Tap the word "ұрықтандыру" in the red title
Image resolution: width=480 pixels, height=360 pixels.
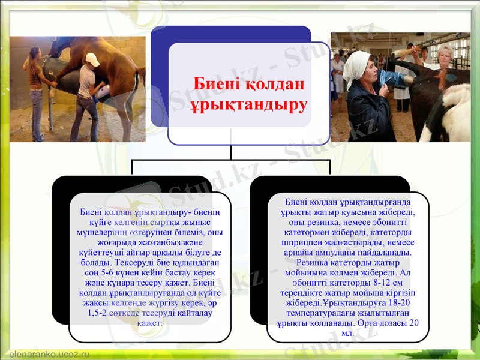[x=248, y=106]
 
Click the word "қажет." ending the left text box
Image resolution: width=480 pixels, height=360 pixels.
[x=150, y=323]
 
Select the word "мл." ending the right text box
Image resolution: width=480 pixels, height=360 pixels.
[x=348, y=332]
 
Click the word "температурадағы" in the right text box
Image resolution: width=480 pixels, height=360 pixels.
[x=317, y=313]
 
